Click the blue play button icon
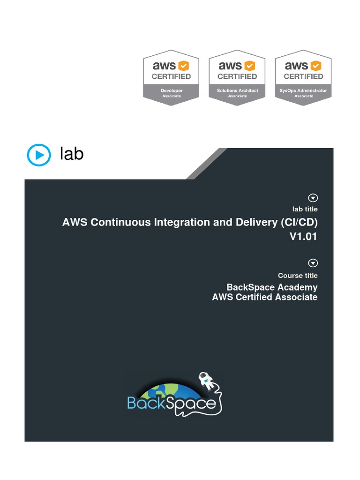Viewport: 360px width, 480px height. [39, 155]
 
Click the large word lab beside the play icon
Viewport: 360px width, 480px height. [72, 153]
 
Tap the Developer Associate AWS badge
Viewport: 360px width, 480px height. [171, 77]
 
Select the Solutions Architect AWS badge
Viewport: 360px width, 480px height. [237, 77]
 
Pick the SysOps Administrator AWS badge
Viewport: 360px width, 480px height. [303, 77]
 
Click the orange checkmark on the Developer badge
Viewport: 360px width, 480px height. [183, 66]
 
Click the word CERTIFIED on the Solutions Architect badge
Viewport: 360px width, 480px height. [237, 76]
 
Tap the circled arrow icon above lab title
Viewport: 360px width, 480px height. [313, 198]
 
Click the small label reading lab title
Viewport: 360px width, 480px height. [305, 209]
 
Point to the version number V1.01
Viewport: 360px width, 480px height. [303, 236]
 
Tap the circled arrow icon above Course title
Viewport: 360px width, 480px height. [313, 263]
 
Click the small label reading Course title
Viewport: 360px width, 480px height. [298, 276]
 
